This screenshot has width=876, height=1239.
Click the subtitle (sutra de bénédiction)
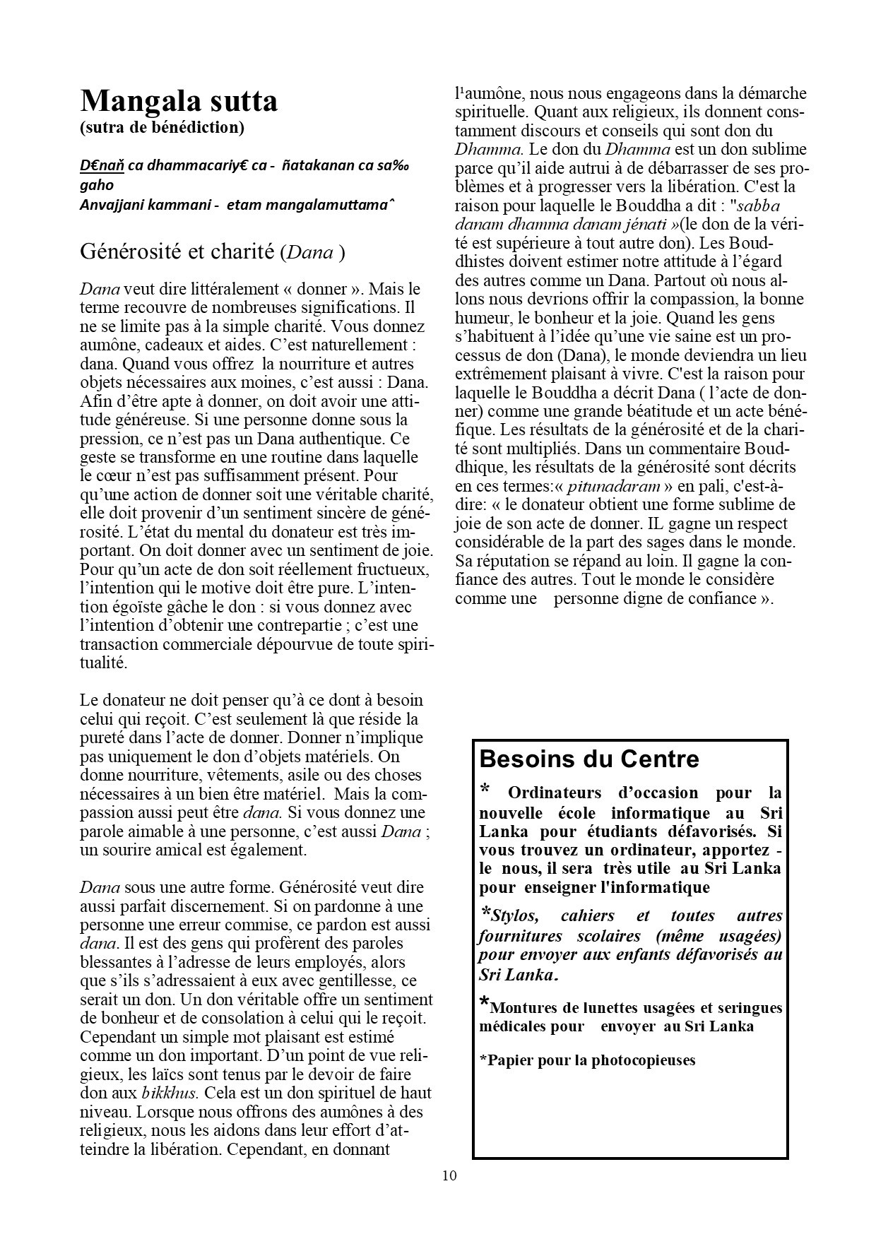tap(162, 128)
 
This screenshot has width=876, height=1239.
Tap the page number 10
tap(449, 1175)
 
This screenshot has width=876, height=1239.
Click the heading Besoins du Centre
tap(589, 759)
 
